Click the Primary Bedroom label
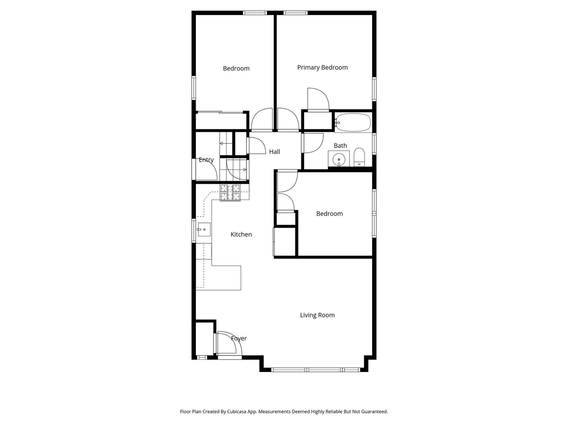[322, 67]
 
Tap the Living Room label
[317, 315]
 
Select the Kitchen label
[241, 234]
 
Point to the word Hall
[275, 152]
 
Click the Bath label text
[340, 146]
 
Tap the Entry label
[206, 160]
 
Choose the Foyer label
[239, 338]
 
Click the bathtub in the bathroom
[353, 123]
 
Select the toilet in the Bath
[359, 157]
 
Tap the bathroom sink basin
[338, 159]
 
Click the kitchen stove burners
[230, 192]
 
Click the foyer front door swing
[226, 342]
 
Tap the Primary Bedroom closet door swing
[318, 99]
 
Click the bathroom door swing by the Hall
[313, 143]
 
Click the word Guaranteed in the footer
[374, 411]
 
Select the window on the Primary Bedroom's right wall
[374, 89]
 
